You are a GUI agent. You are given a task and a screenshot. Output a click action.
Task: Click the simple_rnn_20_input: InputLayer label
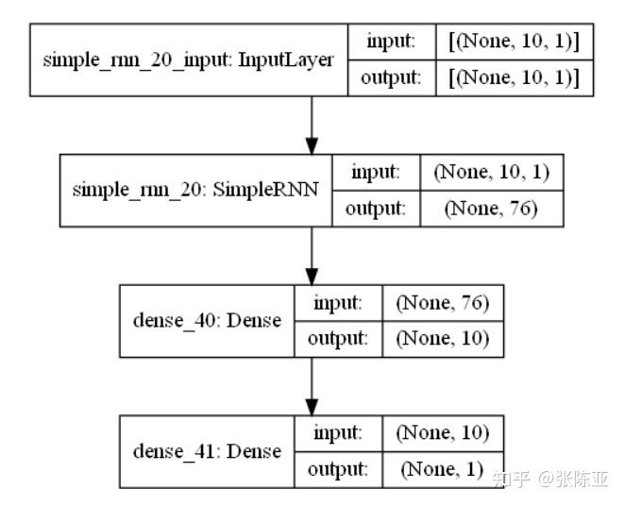[x=189, y=60]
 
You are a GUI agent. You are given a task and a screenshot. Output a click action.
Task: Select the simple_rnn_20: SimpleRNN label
[x=195, y=189]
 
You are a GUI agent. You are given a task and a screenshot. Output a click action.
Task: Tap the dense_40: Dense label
[x=207, y=320]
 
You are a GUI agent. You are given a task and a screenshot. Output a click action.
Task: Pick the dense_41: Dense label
[x=207, y=450]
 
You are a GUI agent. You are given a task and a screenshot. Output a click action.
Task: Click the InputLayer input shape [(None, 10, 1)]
[x=514, y=42]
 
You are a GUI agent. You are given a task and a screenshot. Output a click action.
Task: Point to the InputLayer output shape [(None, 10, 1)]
[x=514, y=78]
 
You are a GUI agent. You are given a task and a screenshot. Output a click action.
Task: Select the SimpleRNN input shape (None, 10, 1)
[x=491, y=172]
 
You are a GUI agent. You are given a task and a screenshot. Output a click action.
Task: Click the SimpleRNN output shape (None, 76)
[x=491, y=209]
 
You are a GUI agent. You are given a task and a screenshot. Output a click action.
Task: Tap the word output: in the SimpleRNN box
[x=375, y=209]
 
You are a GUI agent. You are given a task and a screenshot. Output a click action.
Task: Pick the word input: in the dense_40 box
[x=336, y=303]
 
